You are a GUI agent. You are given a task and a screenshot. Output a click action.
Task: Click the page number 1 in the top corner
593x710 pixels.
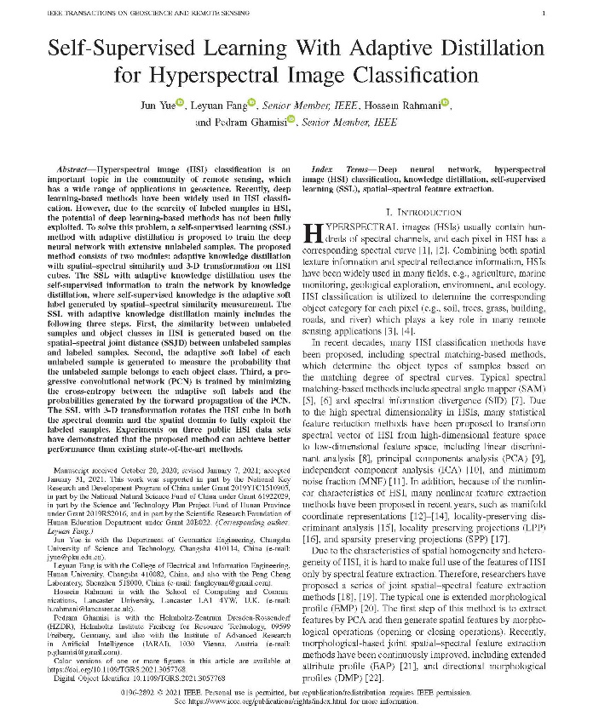542,14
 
